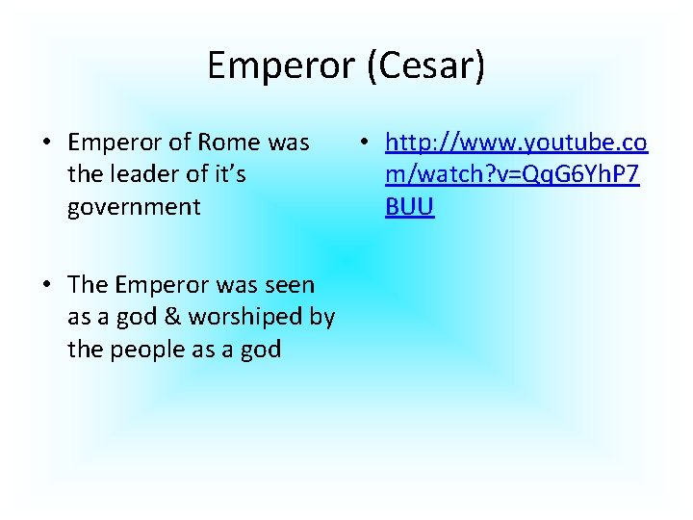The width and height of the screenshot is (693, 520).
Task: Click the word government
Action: [x=134, y=207]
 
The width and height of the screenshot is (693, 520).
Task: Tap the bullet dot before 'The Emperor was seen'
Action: [x=45, y=286]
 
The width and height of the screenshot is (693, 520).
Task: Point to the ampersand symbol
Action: [x=173, y=317]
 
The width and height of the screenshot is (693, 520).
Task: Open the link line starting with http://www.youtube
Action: [x=516, y=143]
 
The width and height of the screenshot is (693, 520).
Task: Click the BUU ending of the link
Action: [x=410, y=207]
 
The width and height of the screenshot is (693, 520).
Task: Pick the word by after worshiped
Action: [x=321, y=317]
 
